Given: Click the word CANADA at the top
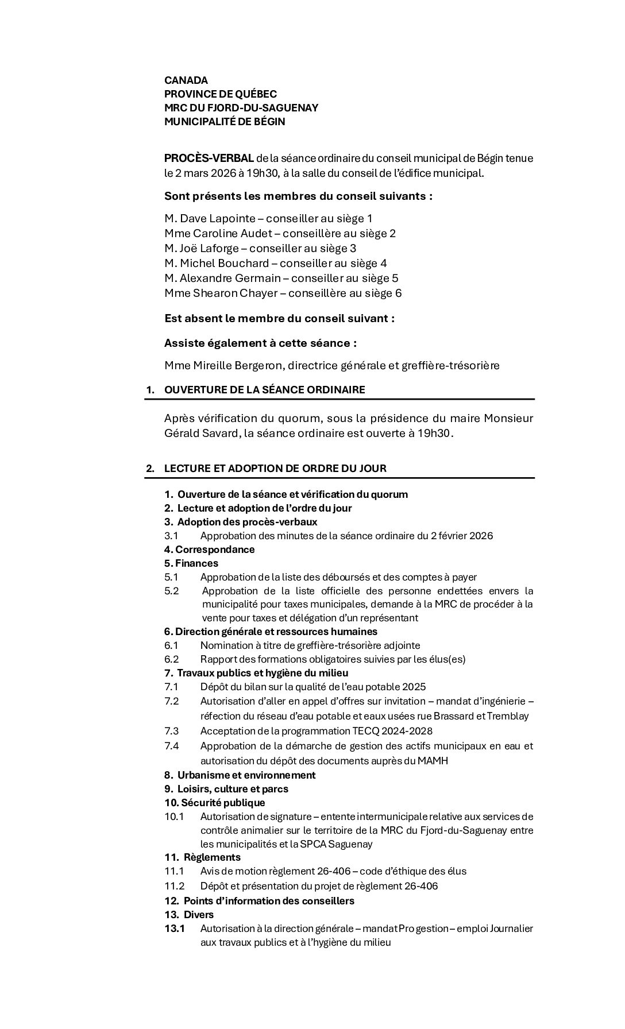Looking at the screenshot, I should tap(186, 80).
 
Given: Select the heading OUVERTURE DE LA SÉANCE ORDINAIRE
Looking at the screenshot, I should tap(264, 390).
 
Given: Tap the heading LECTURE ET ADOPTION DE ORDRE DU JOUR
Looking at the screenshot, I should tap(275, 469).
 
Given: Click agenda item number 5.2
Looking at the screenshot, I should tap(172, 591).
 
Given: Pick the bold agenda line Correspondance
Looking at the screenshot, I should tap(215, 550).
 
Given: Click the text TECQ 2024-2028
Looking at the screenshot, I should tap(392, 731).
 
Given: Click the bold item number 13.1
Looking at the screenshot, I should tap(175, 929).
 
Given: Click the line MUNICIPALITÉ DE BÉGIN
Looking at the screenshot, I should tap(225, 122).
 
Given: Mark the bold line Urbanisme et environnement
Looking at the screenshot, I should tap(246, 775).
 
